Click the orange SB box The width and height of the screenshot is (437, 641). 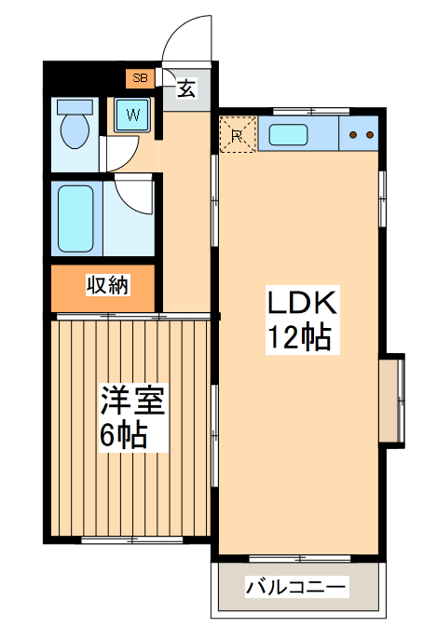coord(141,78)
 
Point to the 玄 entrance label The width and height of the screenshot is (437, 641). coord(186,89)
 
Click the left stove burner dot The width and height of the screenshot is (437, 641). coord(354,135)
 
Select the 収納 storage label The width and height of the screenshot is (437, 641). coord(107,286)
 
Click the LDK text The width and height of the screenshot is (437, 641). coord(301,303)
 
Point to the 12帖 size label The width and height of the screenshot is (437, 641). coord(300,337)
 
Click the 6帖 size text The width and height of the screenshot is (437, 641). coord(124,435)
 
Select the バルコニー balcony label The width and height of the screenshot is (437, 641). coord(295,587)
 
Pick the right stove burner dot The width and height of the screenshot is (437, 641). coord(370,135)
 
